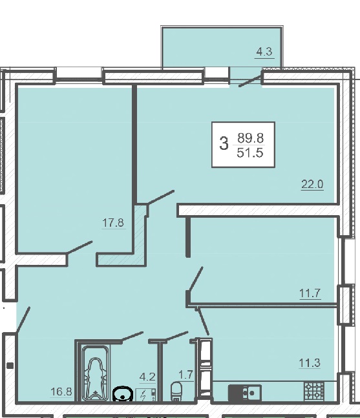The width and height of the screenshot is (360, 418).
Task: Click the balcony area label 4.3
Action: (264, 52)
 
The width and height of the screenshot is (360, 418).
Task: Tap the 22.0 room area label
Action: (312, 184)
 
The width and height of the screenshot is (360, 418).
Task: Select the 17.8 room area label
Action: (113, 223)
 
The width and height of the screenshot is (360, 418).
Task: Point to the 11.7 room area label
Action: (310, 293)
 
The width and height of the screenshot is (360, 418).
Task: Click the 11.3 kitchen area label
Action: (310, 363)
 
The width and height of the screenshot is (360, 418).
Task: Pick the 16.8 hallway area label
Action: (61, 392)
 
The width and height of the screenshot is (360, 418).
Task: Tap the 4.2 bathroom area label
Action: (147, 377)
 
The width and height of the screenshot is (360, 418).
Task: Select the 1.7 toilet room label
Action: (186, 375)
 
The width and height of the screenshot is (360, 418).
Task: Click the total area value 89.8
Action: (250, 138)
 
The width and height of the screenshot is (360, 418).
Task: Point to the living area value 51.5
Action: (250, 152)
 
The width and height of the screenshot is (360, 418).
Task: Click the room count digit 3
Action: (224, 143)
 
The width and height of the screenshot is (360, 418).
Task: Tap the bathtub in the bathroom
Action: (95, 373)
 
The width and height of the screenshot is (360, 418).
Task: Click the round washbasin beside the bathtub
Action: (123, 393)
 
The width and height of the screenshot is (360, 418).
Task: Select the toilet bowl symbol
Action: (176, 391)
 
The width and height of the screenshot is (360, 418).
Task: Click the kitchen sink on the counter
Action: (245, 393)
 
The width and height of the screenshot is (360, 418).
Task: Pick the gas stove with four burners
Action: (314, 391)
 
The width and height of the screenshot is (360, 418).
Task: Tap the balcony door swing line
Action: (249, 81)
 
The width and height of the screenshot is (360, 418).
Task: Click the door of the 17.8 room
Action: (79, 247)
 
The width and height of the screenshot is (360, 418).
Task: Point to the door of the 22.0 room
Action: (160, 198)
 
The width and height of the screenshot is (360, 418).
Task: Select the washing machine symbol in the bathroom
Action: (145, 395)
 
